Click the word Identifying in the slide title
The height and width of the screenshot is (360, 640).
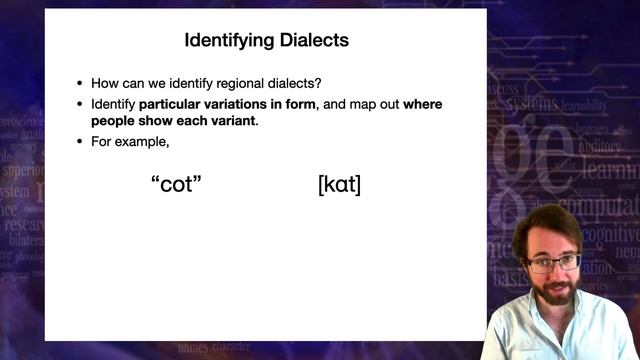coord(227,41)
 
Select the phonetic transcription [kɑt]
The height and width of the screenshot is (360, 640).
coord(338,184)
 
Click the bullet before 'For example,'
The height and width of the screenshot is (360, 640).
coord(80,141)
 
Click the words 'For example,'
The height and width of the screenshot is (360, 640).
coord(126,141)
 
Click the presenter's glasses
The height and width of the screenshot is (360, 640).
coord(553,264)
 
